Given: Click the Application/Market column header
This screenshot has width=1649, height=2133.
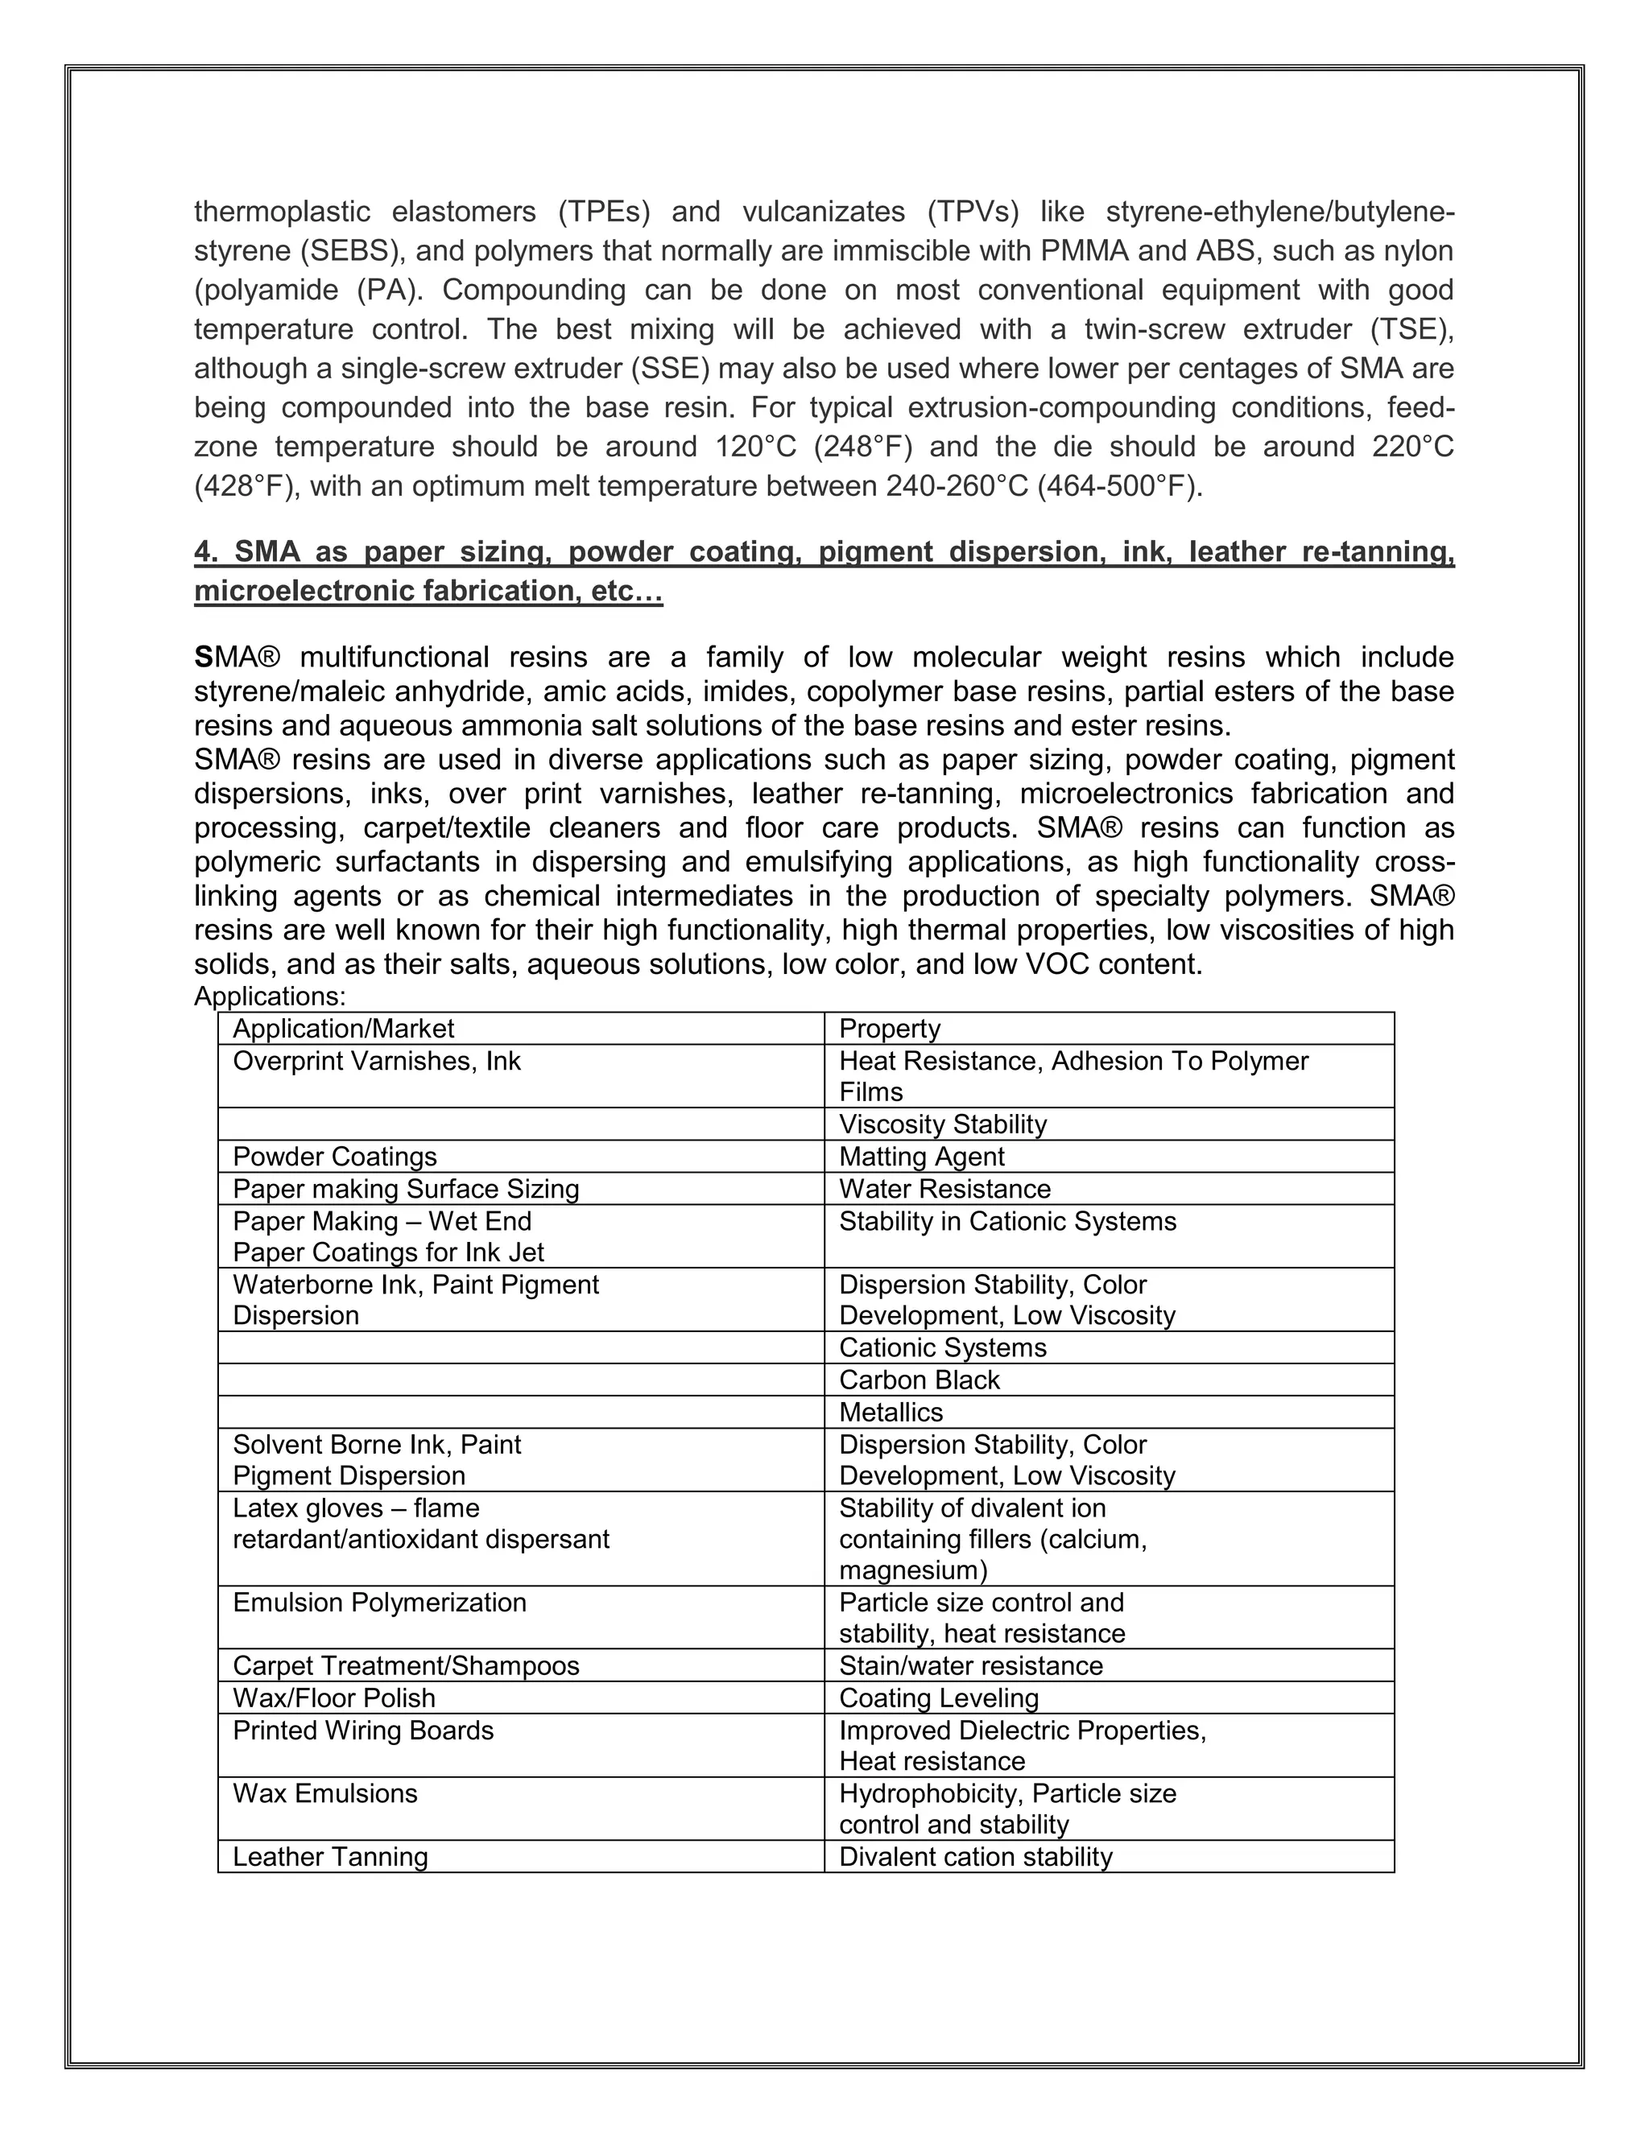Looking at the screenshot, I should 343,1029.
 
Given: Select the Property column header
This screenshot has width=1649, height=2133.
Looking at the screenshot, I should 889,1029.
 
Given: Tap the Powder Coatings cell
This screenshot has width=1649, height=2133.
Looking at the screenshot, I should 334,1157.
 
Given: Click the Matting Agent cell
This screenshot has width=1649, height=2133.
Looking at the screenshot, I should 921,1157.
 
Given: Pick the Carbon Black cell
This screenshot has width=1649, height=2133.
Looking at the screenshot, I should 920,1380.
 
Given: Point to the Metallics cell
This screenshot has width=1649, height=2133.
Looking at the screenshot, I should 891,1413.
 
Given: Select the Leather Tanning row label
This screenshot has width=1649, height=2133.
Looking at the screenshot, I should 330,1857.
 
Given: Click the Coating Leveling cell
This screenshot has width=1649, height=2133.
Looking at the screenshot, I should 939,1698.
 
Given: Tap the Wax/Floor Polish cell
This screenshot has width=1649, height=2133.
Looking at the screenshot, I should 334,1698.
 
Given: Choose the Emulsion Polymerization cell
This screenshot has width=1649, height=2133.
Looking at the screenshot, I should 379,1603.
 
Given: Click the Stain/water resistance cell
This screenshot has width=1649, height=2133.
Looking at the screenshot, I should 970,1665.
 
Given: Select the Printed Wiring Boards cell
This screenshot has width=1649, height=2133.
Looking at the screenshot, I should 362,1730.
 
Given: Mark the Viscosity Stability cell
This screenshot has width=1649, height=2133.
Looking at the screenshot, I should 943,1124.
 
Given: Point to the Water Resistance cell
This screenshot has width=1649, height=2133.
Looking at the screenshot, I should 944,1189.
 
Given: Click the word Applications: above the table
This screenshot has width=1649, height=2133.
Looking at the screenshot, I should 270,996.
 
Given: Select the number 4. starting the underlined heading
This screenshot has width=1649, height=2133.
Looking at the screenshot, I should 205,552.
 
